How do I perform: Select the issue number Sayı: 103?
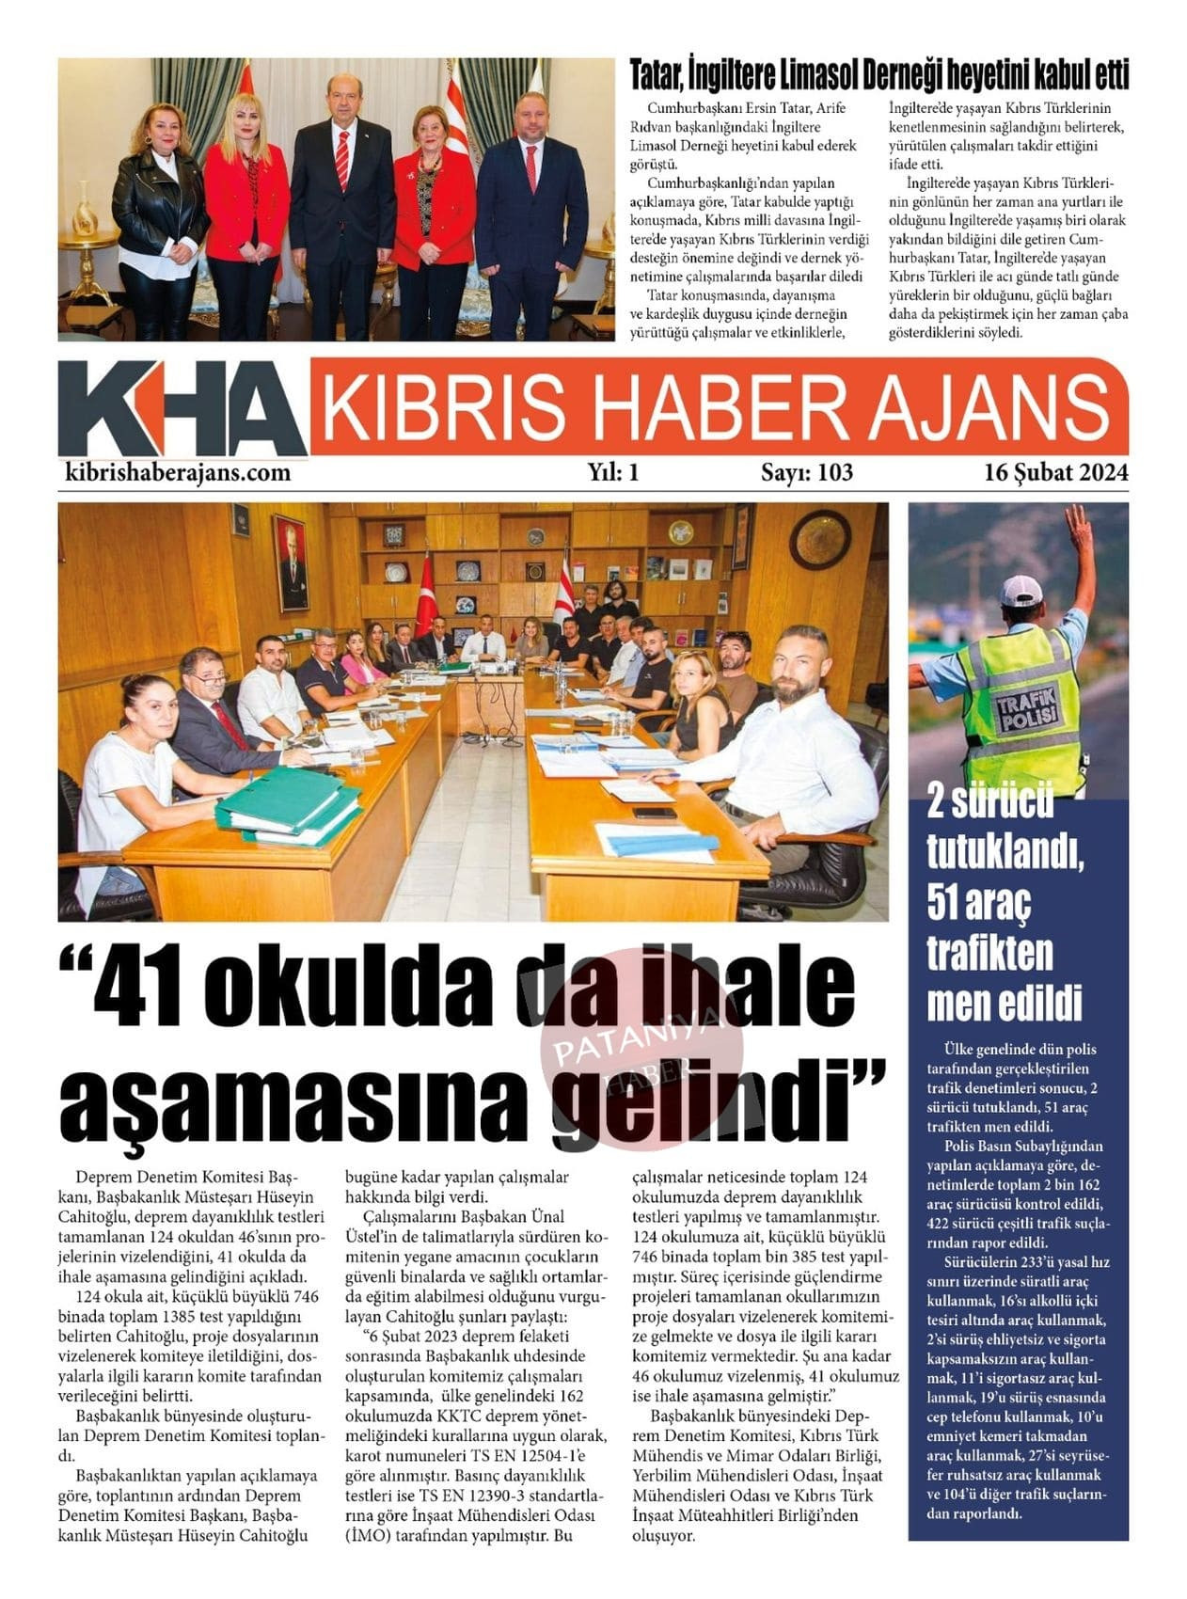pyautogui.click(x=806, y=472)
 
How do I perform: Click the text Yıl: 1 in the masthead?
pyautogui.click(x=613, y=472)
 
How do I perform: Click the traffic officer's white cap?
pyautogui.click(x=1020, y=590)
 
